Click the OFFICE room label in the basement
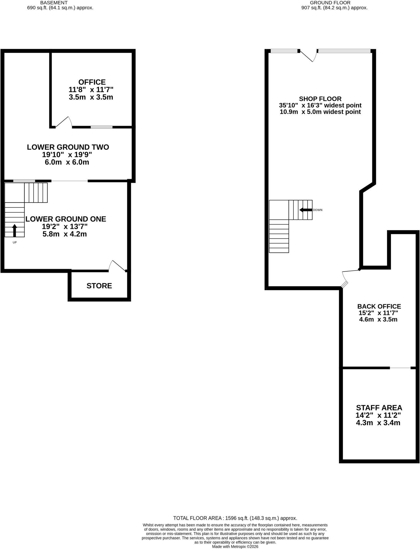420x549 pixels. point(92,82)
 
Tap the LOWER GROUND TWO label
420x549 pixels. point(68,147)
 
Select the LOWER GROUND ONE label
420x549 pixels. point(66,219)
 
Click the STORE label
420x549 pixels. point(99,286)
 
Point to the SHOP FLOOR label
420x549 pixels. point(320,99)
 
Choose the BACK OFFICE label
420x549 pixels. point(379,306)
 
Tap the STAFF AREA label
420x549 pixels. point(379,408)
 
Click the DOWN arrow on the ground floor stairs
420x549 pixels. point(305,210)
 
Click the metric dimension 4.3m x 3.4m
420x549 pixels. point(378,423)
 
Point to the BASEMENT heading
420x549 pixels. point(54,3)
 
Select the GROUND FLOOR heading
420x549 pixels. point(330,3)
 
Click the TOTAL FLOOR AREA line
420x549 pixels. point(235,518)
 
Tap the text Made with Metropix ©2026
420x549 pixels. point(235,547)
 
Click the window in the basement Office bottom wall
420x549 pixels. point(101,127)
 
